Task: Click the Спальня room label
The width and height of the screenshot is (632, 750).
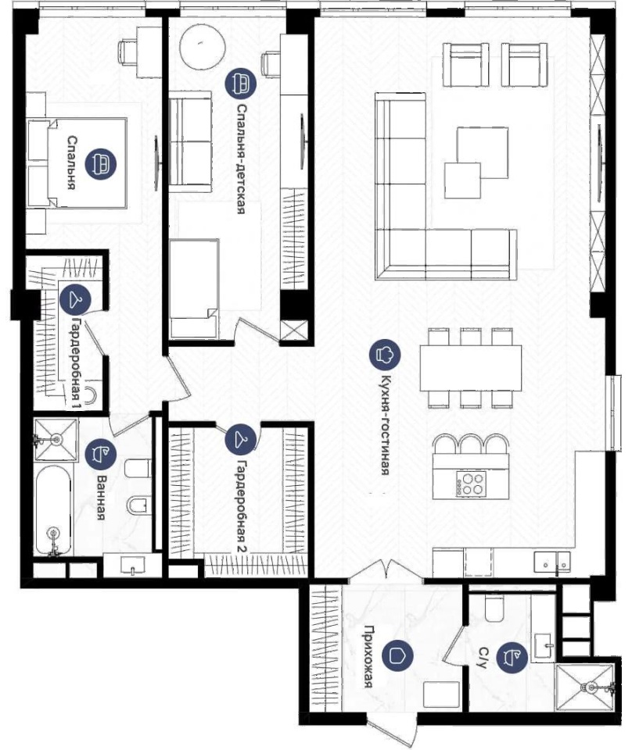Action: [71, 162]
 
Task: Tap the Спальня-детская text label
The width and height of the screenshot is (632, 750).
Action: [241, 159]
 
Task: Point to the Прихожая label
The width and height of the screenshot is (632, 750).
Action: [368, 656]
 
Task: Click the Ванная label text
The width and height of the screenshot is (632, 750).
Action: [101, 498]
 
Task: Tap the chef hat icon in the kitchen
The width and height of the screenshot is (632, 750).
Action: [385, 355]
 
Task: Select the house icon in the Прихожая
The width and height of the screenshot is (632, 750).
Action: [398, 655]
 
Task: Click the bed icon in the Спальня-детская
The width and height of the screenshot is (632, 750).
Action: [241, 83]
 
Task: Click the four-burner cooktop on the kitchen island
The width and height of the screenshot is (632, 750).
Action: [471, 483]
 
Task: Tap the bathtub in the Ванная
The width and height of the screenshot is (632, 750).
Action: [54, 510]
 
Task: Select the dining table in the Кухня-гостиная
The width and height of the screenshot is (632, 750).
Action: [471, 368]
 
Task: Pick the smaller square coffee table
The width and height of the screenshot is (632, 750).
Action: [462, 180]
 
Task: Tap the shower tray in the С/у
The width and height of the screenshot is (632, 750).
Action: [584, 687]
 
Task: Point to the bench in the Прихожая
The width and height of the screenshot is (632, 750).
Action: [442, 695]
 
